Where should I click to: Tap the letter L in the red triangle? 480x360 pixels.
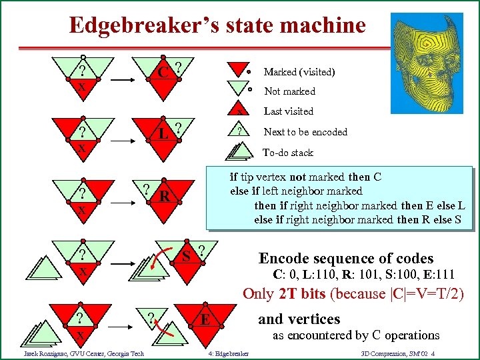(163, 133)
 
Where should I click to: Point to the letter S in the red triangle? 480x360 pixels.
(188, 256)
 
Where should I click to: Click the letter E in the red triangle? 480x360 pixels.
(206, 319)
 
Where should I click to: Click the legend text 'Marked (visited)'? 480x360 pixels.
(299, 72)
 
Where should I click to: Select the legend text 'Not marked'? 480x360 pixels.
(289, 91)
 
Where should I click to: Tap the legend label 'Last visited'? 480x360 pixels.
(288, 111)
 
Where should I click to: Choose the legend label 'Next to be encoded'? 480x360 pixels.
(305, 132)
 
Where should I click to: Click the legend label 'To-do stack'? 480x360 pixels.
(288, 153)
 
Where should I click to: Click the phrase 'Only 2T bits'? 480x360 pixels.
(285, 294)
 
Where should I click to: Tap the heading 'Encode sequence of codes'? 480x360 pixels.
(346, 259)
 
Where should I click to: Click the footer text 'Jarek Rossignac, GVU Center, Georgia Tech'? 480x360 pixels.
(83, 353)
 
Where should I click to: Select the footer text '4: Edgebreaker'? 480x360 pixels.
(228, 353)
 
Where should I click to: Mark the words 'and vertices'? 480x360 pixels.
(299, 319)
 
